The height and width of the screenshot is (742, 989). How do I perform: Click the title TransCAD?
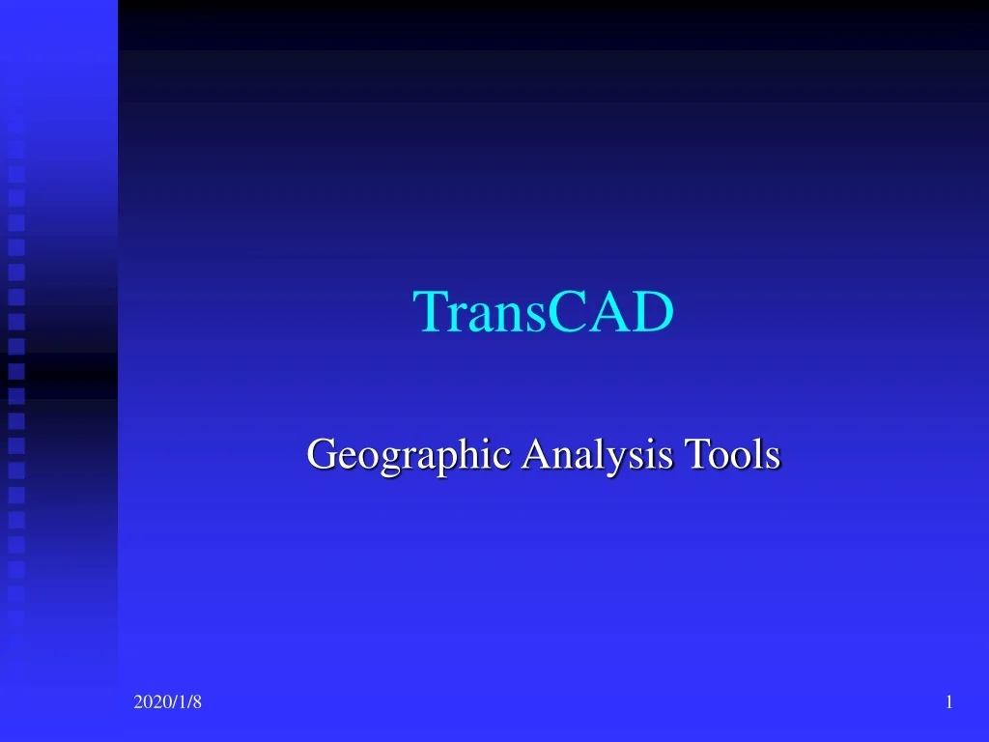point(544,312)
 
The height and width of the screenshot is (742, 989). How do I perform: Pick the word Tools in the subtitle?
point(731,453)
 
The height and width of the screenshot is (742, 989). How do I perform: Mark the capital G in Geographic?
point(320,453)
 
